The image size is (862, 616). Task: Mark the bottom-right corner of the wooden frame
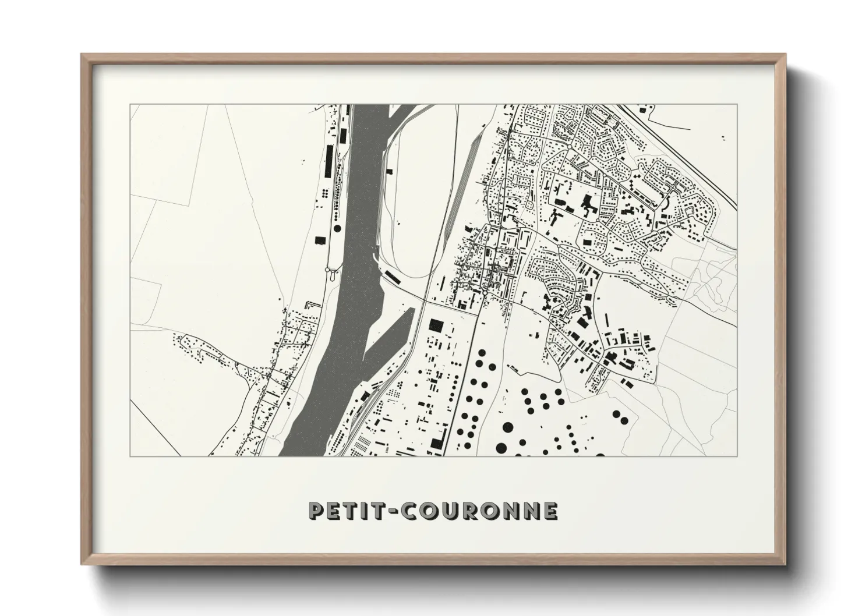(786, 564)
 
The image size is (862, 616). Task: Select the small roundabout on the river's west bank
(330, 270)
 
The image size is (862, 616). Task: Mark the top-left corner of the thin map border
(130, 105)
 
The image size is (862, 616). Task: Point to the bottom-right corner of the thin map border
(737, 456)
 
